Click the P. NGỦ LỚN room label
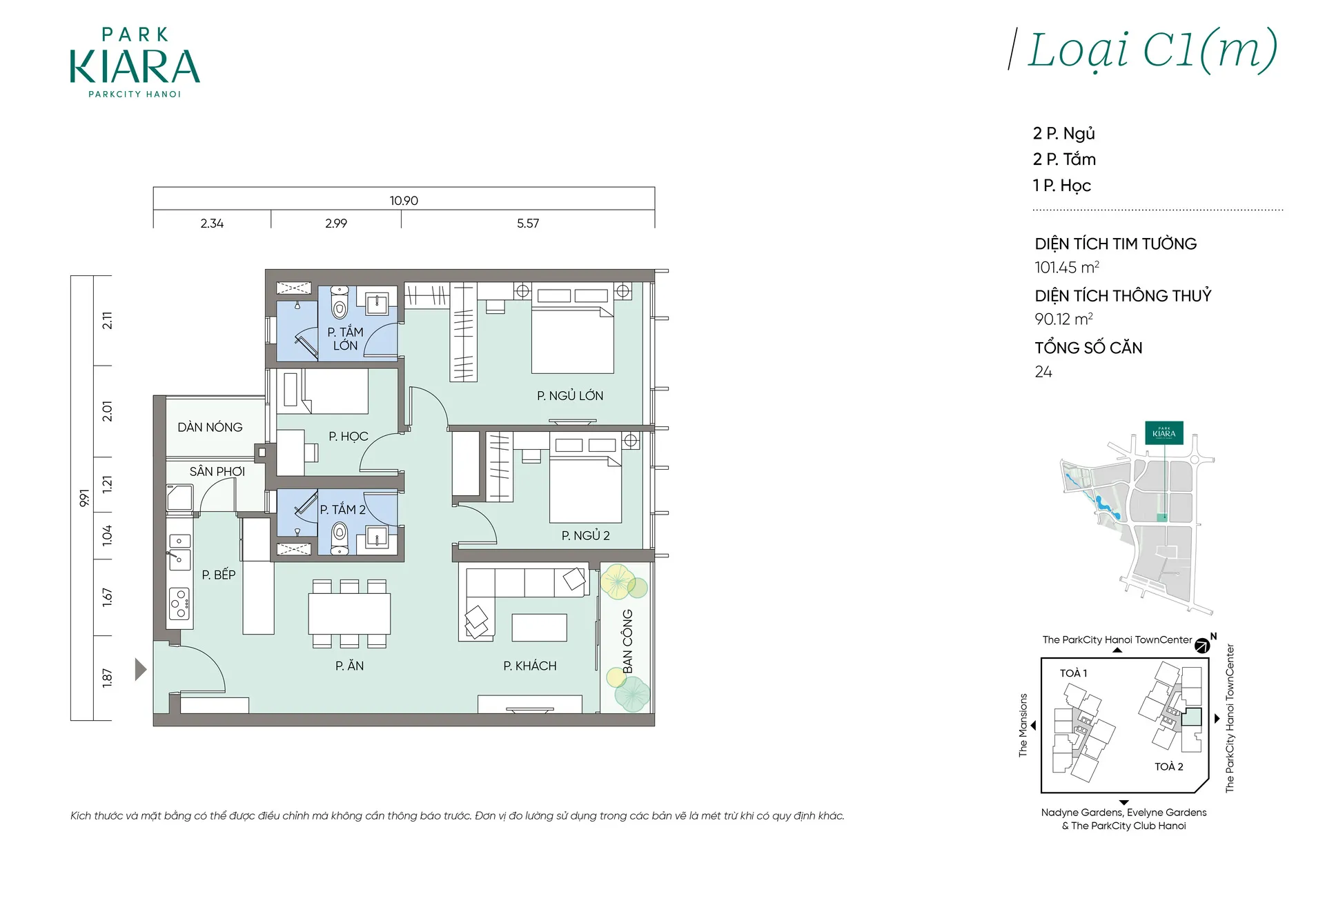point(570,396)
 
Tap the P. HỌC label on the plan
point(349,437)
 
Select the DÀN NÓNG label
point(210,427)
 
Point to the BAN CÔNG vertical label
point(627,641)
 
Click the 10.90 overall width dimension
point(404,201)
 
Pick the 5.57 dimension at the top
point(528,223)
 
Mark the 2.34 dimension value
point(212,223)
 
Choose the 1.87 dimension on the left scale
point(107,677)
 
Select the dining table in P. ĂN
point(349,614)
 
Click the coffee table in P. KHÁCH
point(540,628)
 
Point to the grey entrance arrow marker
point(140,669)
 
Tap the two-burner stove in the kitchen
point(180,604)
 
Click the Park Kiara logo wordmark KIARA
point(135,67)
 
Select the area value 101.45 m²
point(1067,268)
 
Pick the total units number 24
point(1043,372)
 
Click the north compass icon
point(1203,646)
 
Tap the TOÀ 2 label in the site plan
point(1169,766)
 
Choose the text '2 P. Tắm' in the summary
point(1064,159)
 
